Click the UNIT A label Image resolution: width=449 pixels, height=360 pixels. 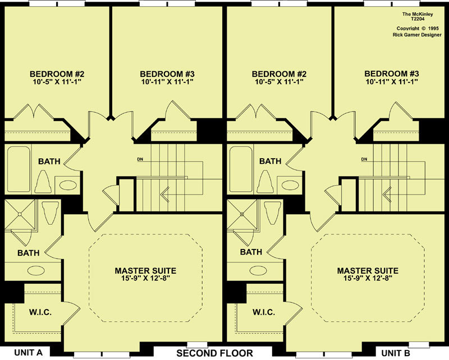[28, 353]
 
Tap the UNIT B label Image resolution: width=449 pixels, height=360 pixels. [396, 353]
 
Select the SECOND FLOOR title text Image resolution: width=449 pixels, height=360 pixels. [214, 353]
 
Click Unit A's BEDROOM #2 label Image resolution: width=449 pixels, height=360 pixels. [57, 74]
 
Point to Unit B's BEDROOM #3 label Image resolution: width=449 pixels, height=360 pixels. [391, 74]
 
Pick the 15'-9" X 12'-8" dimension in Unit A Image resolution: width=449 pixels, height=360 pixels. [145, 278]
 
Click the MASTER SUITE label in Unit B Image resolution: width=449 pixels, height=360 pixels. [368, 271]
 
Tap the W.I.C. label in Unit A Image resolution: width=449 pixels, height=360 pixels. [40, 312]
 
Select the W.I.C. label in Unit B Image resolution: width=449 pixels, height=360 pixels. [264, 312]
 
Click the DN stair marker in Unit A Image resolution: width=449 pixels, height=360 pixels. [140, 159]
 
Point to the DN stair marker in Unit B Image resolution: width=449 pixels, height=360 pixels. [364, 159]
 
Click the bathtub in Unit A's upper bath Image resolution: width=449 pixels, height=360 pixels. [19, 169]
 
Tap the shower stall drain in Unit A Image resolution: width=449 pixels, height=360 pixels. [20, 214]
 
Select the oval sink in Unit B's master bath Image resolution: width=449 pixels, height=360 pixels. [259, 270]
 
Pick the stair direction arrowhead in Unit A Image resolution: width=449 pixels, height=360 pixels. [164, 195]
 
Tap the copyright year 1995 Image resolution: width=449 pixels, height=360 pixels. [434, 29]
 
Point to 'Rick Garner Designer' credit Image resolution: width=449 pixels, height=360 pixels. [417, 35]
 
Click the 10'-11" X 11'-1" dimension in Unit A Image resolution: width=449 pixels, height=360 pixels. [167, 82]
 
